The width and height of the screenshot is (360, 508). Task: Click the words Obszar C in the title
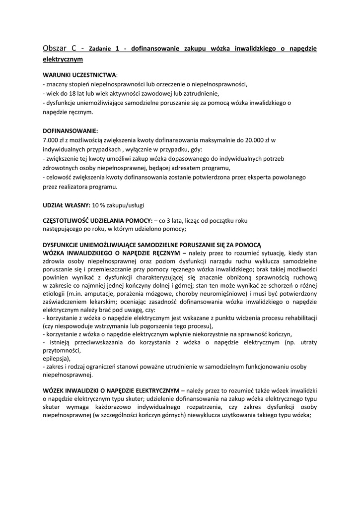(x=60, y=49)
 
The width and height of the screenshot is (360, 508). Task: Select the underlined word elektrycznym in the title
(x=63, y=59)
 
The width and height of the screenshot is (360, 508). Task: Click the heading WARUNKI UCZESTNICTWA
(x=79, y=75)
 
